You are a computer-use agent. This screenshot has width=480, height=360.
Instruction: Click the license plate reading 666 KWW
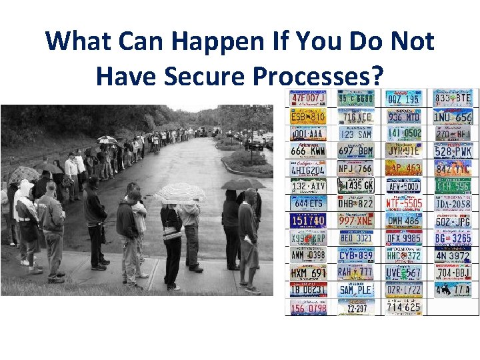tap(307, 151)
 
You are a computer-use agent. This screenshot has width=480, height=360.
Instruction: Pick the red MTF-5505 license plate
tap(404, 203)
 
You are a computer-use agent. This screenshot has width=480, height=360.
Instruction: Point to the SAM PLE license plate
tap(356, 290)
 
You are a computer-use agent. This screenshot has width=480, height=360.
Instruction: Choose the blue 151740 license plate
tap(307, 221)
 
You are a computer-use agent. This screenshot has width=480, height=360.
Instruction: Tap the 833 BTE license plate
tap(453, 99)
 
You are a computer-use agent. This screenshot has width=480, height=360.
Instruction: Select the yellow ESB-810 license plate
tap(307, 117)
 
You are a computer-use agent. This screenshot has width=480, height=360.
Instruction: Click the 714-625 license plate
tap(404, 307)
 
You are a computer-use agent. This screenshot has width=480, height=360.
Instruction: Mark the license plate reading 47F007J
tap(307, 99)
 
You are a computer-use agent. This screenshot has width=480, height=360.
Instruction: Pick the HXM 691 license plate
tap(307, 273)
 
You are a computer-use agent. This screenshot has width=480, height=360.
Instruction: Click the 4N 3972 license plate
tap(453, 255)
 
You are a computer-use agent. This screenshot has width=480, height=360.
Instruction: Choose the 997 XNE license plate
tap(356, 221)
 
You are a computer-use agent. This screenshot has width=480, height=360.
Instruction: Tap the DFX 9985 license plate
tap(404, 238)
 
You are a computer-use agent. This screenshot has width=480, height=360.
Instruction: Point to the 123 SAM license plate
tap(356, 134)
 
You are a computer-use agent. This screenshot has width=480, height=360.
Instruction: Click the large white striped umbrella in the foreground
tap(179, 193)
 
